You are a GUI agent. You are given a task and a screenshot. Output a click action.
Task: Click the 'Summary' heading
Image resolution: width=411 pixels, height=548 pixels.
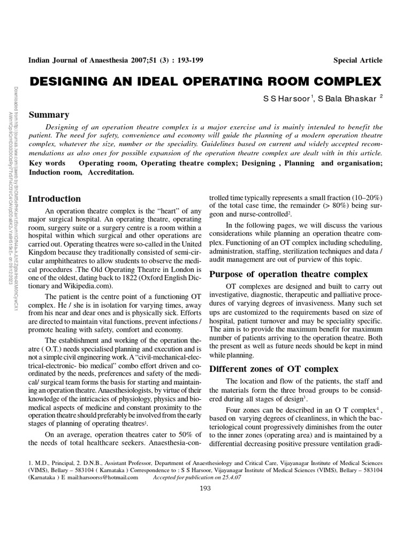point(49,115)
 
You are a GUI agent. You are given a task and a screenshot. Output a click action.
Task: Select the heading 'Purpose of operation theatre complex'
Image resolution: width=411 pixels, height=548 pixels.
point(288,274)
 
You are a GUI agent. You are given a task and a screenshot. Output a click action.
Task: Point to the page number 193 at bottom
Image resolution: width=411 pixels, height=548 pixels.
point(205,488)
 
